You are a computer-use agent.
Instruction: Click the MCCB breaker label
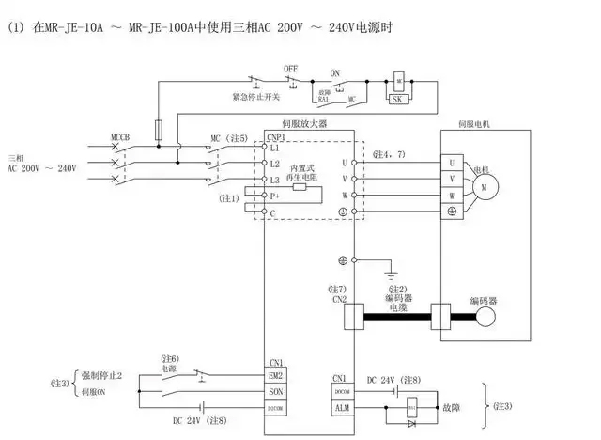click(x=120, y=137)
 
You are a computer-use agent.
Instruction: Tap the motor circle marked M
click(x=485, y=186)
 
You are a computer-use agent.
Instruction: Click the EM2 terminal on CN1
click(x=275, y=375)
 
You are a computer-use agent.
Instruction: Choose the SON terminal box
click(x=275, y=392)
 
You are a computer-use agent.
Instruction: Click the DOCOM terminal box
click(x=340, y=393)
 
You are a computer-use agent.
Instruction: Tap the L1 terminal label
click(x=274, y=149)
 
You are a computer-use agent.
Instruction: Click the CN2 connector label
click(x=338, y=300)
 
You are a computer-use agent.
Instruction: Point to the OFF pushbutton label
click(x=290, y=69)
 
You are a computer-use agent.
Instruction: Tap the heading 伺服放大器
click(x=300, y=123)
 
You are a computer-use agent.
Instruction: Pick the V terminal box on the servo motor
click(x=452, y=178)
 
